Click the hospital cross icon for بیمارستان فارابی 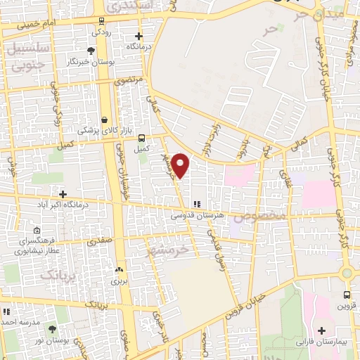(322, 330)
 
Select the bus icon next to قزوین (347, 295)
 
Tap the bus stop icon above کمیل (142, 138)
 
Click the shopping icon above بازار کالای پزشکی (105, 120)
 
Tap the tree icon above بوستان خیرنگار (90, 50)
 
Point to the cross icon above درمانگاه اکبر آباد (63, 193)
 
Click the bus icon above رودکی (103, 21)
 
